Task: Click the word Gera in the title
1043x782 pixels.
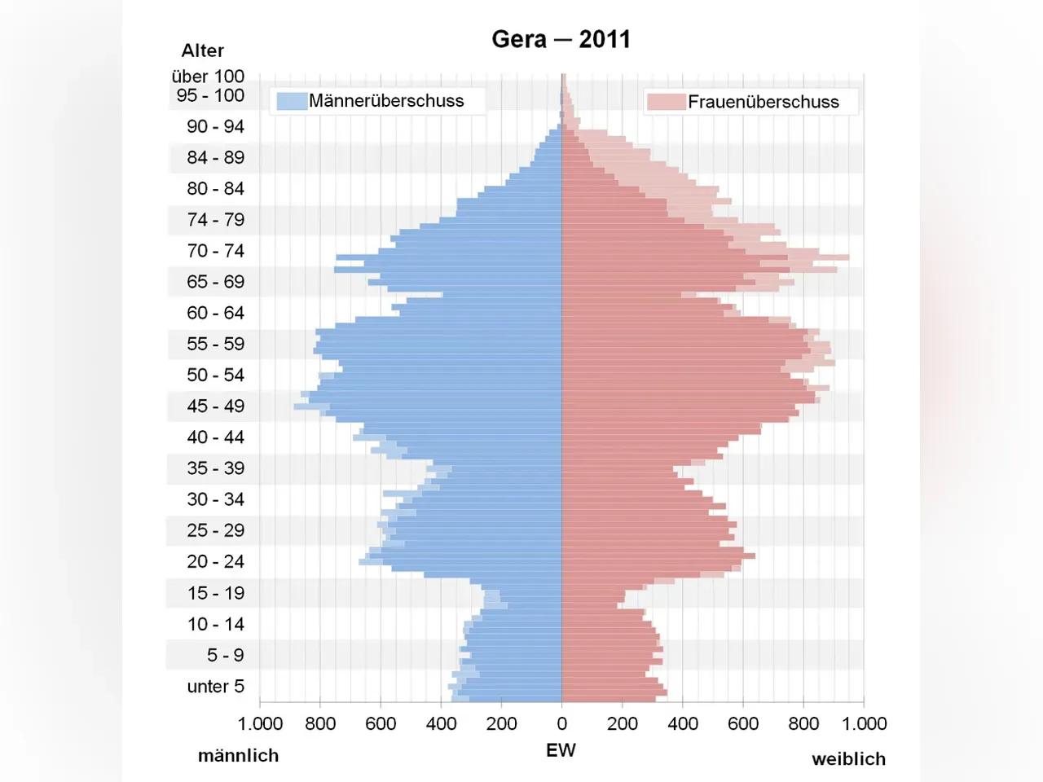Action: pyautogui.click(x=518, y=39)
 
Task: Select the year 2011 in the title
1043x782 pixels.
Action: pyautogui.click(x=605, y=39)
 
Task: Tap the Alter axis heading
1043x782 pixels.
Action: pyautogui.click(x=202, y=51)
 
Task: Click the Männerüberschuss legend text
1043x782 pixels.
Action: pyautogui.click(x=386, y=101)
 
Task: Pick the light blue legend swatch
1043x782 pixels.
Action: pyautogui.click(x=291, y=101)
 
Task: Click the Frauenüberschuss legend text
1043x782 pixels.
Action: pyautogui.click(x=764, y=102)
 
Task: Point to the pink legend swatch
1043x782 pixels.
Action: pyautogui.click(x=666, y=102)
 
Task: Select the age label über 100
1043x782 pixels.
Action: pyautogui.click(x=208, y=77)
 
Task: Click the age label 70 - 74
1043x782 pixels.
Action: pyautogui.click(x=215, y=251)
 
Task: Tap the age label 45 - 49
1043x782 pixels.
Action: pyautogui.click(x=215, y=406)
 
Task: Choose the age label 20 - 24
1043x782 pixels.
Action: pyautogui.click(x=215, y=562)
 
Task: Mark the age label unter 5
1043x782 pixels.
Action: pyautogui.click(x=215, y=687)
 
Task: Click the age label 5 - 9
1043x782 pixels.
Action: pyautogui.click(x=225, y=656)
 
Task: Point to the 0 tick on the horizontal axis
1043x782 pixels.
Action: pyautogui.click(x=561, y=723)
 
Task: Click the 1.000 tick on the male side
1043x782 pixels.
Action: pyautogui.click(x=260, y=723)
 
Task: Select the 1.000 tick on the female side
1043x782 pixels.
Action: pyautogui.click(x=864, y=723)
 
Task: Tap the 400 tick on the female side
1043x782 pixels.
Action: pyautogui.click(x=683, y=723)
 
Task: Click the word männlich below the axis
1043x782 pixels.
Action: pyautogui.click(x=238, y=756)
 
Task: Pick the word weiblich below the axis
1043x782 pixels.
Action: pyautogui.click(x=848, y=759)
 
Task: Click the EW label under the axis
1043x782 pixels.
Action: pyautogui.click(x=561, y=750)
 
